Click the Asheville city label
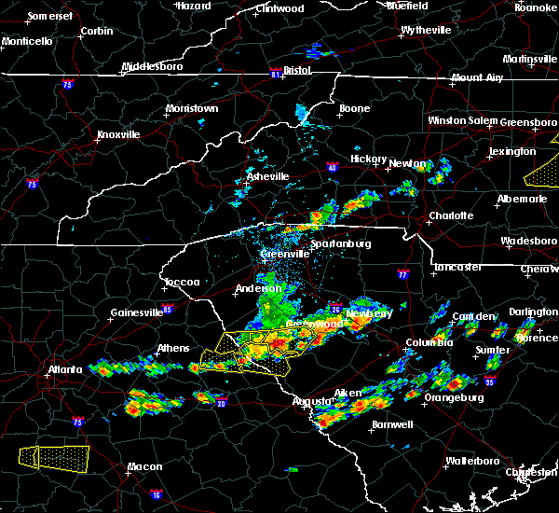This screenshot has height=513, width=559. tap(267, 176)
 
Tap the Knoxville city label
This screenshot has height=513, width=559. tap(118, 134)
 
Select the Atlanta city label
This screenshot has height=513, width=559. tap(69, 369)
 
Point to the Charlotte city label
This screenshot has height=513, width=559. tap(451, 215)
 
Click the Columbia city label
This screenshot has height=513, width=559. tap(429, 343)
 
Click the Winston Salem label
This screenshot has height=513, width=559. tap(463, 120)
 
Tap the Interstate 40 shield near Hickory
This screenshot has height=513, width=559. tap(333, 168)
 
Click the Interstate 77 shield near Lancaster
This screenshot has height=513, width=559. tap(402, 275)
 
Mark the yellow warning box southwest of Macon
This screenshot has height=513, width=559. tap(55, 456)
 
